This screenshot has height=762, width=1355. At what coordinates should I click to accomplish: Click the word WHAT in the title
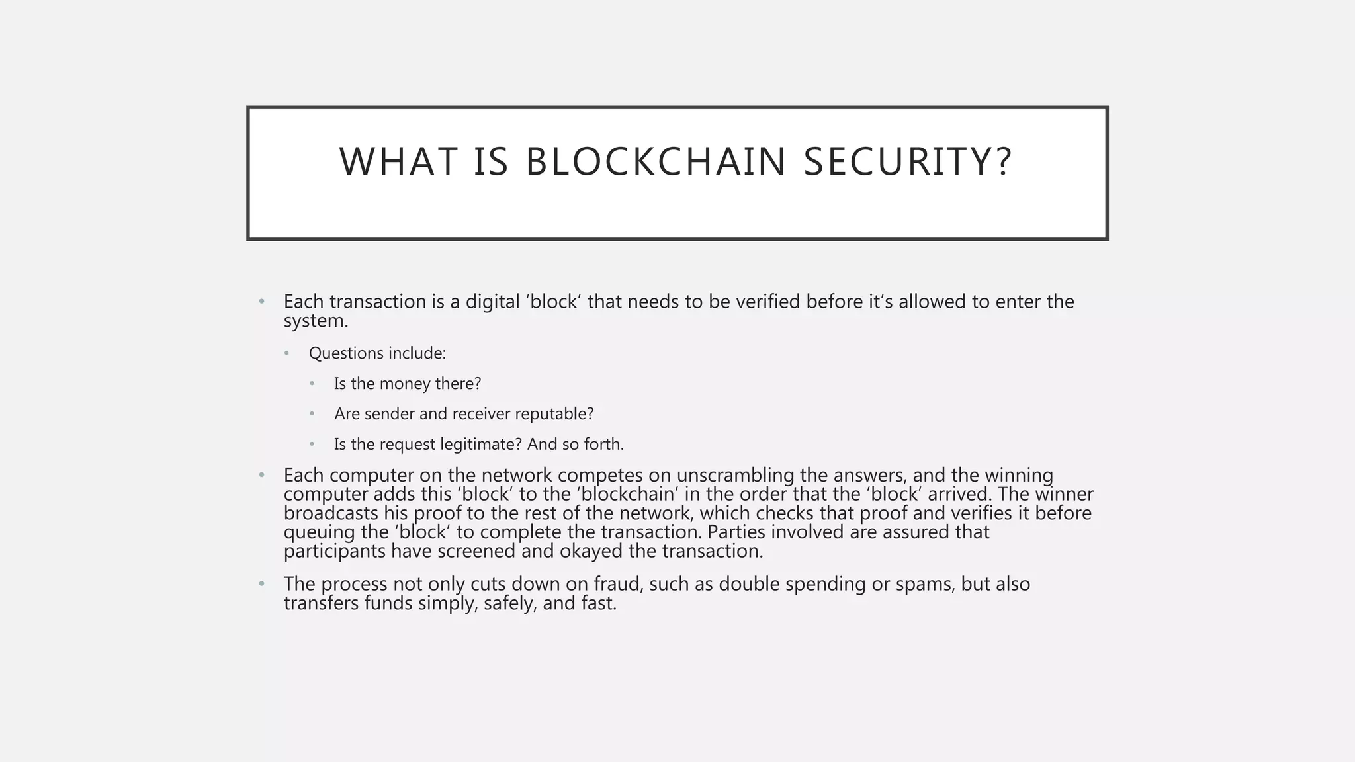398,162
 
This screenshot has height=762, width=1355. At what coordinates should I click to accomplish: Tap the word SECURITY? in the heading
908,162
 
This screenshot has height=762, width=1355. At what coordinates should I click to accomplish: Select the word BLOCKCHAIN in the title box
656,162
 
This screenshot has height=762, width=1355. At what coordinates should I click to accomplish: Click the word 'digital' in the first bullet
492,302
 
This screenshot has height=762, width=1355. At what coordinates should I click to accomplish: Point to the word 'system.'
316,321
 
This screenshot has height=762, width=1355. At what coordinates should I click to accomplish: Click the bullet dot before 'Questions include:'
286,353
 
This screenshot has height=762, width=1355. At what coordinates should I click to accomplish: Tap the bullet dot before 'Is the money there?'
312,384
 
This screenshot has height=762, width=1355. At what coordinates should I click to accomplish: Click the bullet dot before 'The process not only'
262,584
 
